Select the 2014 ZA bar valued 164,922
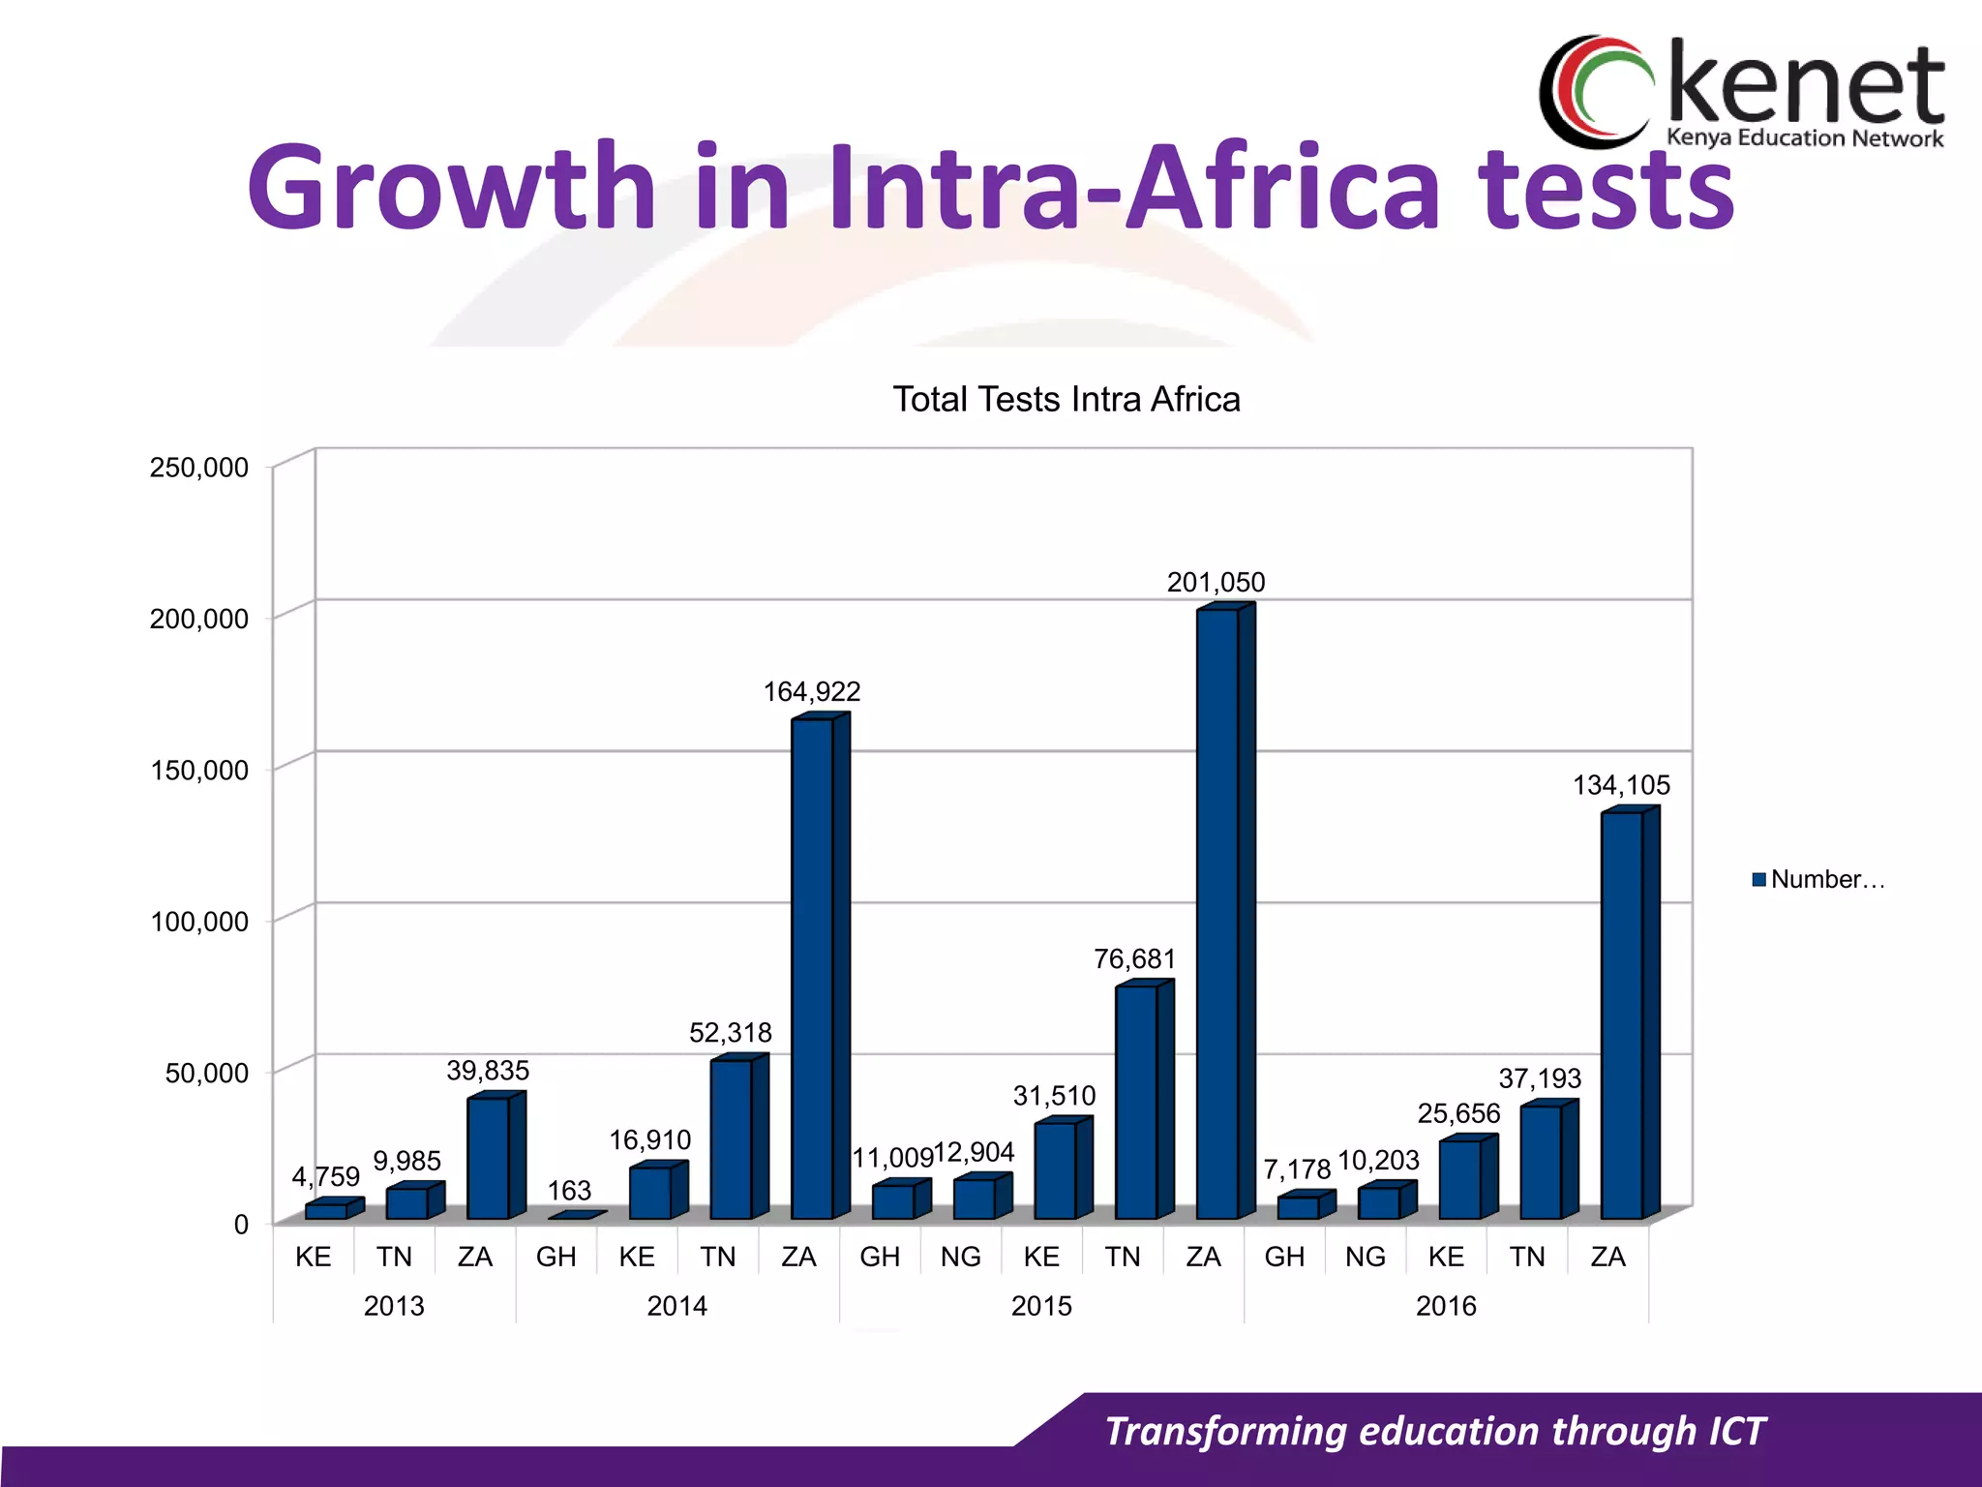tap(812, 968)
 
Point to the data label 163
tap(569, 1190)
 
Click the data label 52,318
tap(731, 1033)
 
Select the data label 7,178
tap(1297, 1170)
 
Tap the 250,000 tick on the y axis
tap(199, 468)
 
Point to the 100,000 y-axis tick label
tap(199, 922)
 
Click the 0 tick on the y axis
tap(241, 1225)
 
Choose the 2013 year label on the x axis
tap(394, 1306)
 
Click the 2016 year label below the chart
tap(1446, 1306)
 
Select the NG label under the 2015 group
tap(960, 1257)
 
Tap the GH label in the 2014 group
tap(556, 1257)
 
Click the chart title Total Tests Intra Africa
tap(1066, 399)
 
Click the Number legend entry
tap(1818, 879)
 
